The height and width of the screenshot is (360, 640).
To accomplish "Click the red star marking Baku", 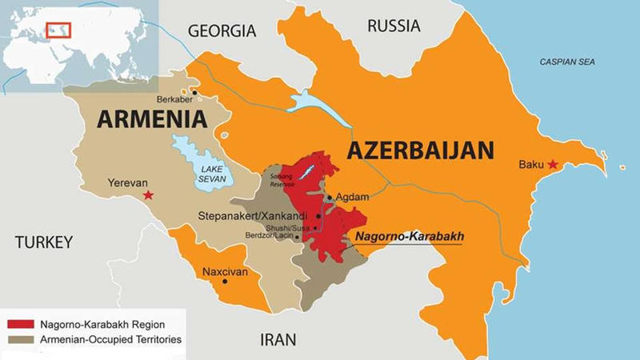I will tap(552, 165).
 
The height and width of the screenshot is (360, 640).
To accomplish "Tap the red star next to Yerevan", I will tap(147, 194).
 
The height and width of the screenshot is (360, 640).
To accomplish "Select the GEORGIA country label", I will tap(222, 31).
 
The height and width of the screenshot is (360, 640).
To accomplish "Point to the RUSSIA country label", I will tap(394, 26).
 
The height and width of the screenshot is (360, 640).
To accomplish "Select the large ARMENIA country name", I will tap(153, 120).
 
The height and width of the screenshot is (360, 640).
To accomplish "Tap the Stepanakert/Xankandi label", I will tap(254, 216).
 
